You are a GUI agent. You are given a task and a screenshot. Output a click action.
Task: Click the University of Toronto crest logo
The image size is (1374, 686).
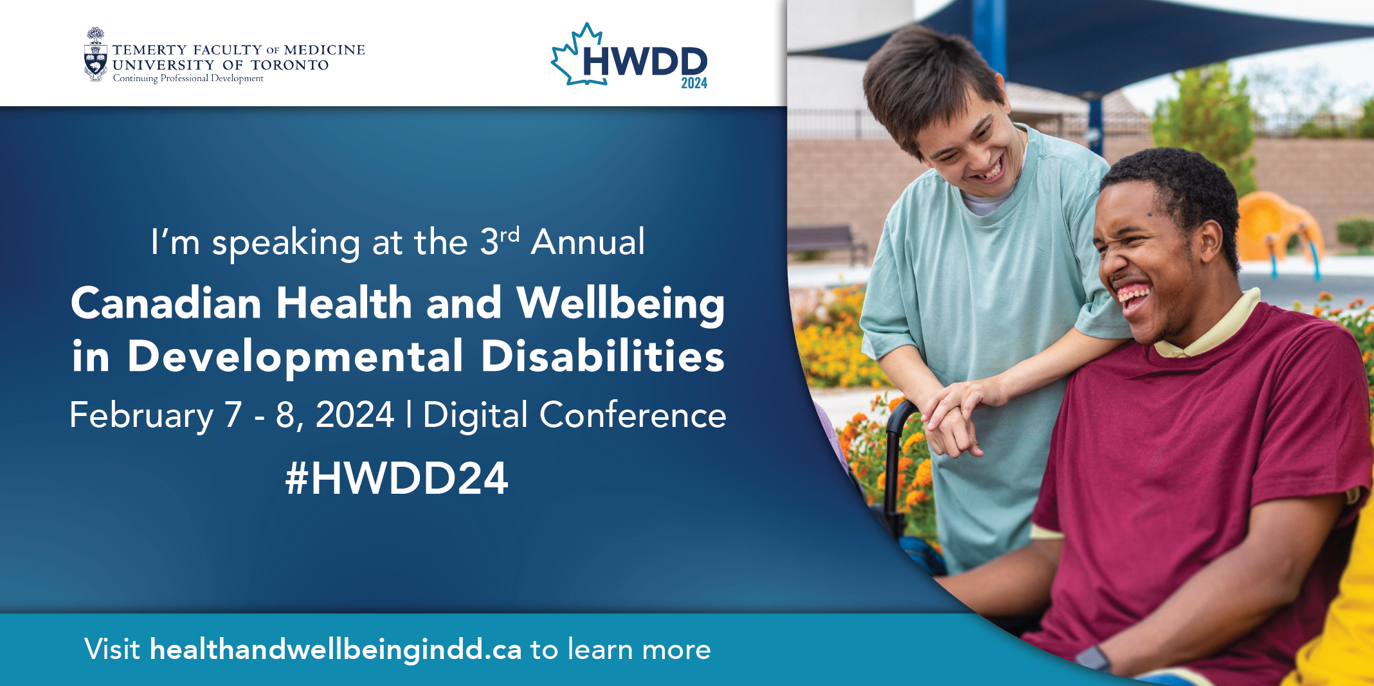(x=96, y=55)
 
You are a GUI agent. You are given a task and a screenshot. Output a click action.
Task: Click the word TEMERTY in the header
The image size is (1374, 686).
(x=150, y=50)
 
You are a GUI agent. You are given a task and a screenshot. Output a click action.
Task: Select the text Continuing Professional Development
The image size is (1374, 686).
(x=188, y=78)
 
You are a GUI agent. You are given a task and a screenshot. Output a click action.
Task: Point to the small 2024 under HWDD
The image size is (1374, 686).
(x=694, y=83)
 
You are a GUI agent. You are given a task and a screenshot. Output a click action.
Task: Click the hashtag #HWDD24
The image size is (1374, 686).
(x=397, y=478)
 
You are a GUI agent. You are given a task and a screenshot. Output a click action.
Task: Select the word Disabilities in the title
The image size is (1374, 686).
(x=603, y=356)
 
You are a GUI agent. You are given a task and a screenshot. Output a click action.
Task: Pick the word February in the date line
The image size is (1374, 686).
(x=141, y=416)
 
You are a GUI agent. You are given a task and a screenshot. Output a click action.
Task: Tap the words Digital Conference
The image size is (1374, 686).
(x=575, y=415)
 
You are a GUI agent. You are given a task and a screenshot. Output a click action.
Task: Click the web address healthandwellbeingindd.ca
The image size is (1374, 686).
(x=336, y=650)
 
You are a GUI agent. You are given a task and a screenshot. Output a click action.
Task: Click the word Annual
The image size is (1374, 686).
(x=588, y=242)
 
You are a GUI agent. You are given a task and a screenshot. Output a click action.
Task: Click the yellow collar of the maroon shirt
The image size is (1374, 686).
(x=1209, y=328)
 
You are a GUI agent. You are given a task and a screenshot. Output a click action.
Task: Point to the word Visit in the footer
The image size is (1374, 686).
(x=112, y=649)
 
